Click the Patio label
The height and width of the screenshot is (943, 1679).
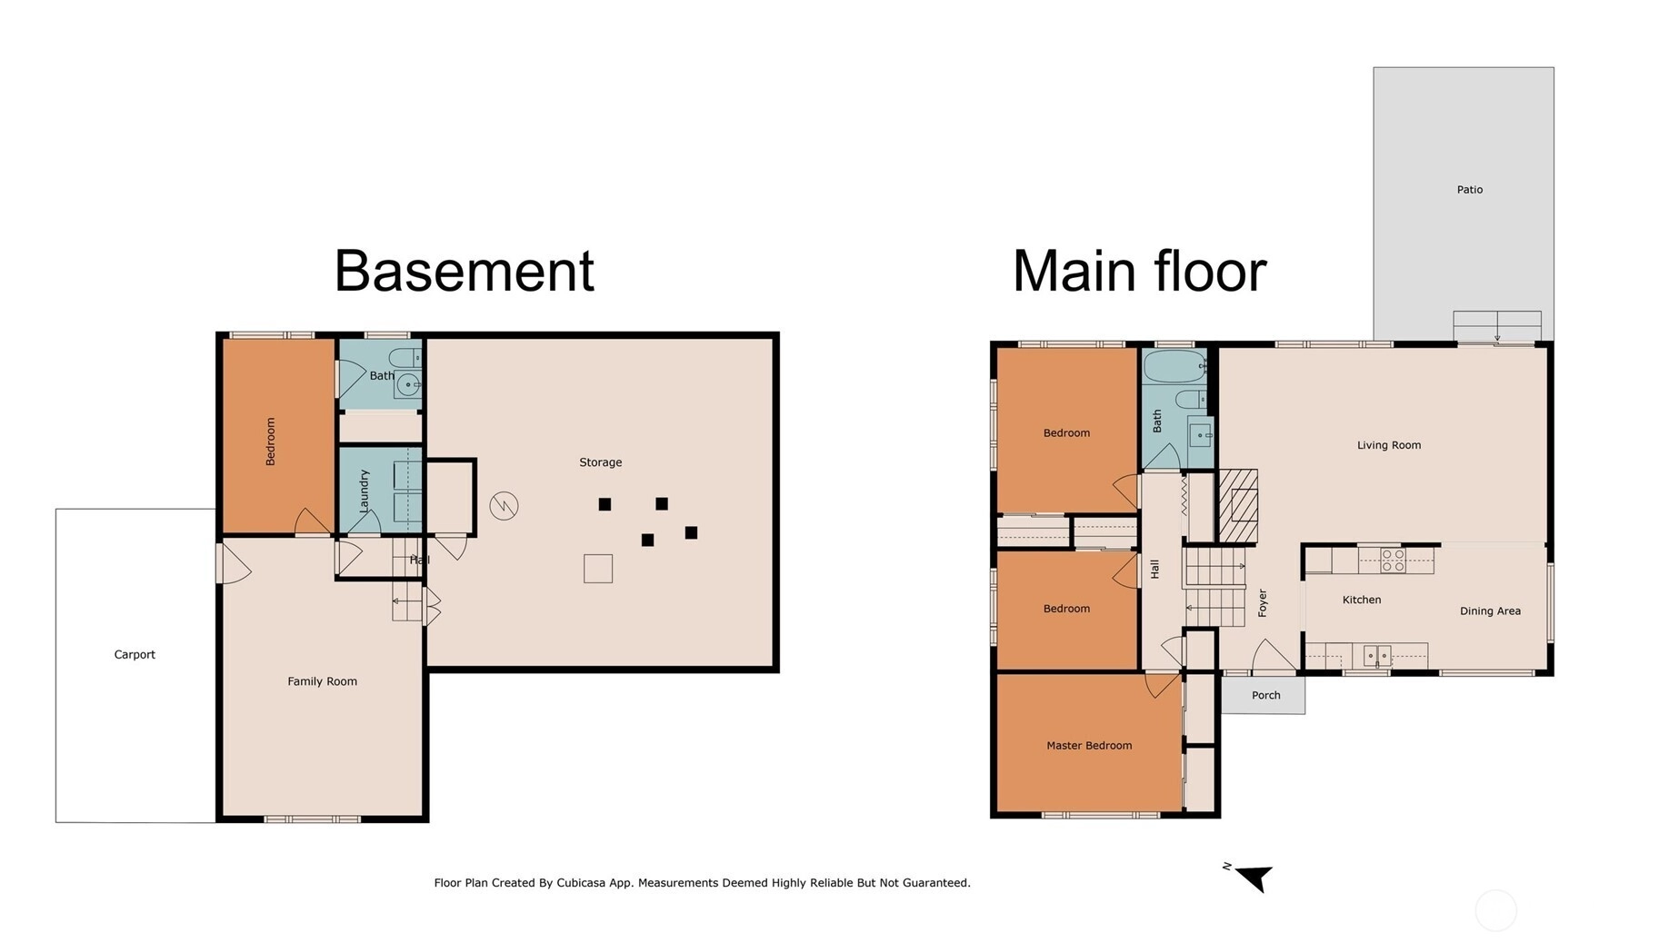tap(1469, 190)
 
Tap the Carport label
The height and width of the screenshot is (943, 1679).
tap(135, 654)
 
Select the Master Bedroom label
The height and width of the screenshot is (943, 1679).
tap(1089, 746)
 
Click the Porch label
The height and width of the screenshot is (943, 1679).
tap(1265, 695)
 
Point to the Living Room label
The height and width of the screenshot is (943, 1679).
tap(1388, 445)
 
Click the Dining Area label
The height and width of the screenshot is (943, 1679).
tap(1490, 611)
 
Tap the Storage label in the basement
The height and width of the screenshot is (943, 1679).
tap(600, 462)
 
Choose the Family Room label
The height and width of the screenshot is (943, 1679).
tap(322, 681)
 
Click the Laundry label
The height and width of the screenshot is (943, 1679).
tap(365, 491)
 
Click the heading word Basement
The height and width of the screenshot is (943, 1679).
tap(465, 271)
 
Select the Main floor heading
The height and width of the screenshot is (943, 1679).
tap(1139, 271)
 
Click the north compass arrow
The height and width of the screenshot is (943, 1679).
tap(1254, 878)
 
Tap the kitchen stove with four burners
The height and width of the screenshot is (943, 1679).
tap(1393, 560)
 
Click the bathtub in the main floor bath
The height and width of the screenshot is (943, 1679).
tap(1174, 367)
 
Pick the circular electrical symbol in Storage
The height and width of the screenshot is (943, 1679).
tap(504, 505)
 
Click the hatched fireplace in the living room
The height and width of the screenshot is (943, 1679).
tap(1238, 506)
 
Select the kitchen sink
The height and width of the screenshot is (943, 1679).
tap(1377, 655)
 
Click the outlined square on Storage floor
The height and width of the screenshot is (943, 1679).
tap(598, 569)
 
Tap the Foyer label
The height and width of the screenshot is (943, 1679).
tap(1262, 603)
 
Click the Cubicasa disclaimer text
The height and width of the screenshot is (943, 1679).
tap(702, 882)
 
